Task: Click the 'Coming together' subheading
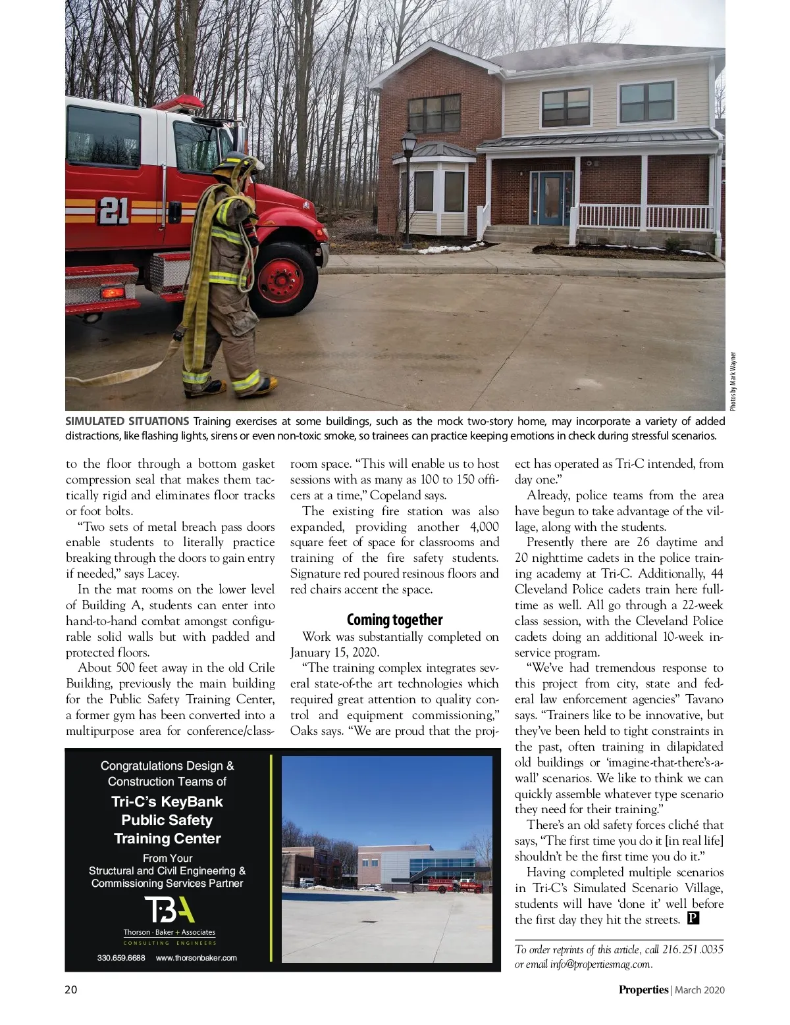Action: click(x=394, y=620)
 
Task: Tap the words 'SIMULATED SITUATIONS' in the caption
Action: click(x=127, y=421)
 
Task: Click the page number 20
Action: click(x=71, y=989)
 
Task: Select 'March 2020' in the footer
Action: click(x=699, y=989)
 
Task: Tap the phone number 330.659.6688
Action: click(x=121, y=958)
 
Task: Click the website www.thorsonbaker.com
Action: click(x=196, y=958)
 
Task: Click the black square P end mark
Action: click(x=693, y=918)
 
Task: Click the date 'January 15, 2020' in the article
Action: click(x=334, y=653)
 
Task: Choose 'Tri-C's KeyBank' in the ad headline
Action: click(x=167, y=801)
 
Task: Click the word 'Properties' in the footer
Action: click(x=643, y=989)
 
